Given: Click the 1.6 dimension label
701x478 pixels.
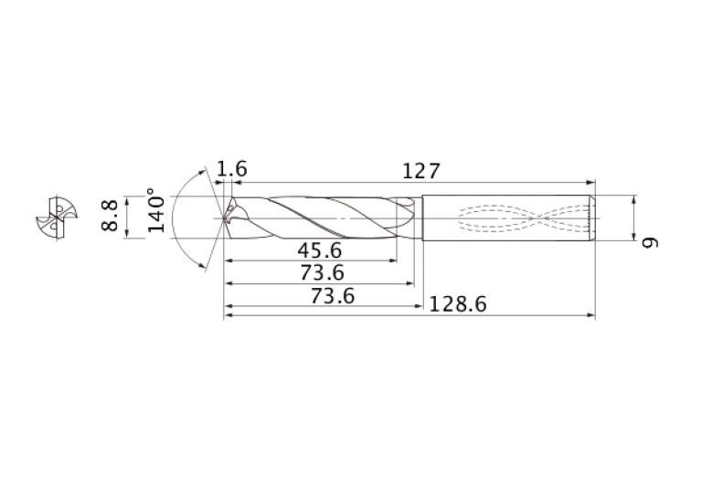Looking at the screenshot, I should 232,169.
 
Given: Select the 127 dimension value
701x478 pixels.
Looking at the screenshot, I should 422,170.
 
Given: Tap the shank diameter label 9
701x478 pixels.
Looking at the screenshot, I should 650,242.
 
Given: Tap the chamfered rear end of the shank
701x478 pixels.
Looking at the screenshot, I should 592,218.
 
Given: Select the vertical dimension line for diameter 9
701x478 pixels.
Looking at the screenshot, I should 633,218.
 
